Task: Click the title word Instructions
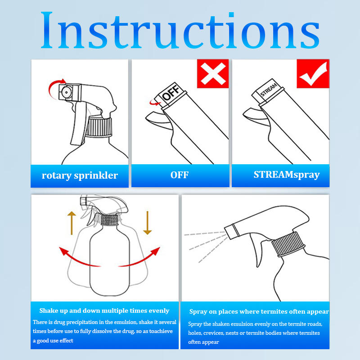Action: [x=180, y=30]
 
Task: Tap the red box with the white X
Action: [x=213, y=73]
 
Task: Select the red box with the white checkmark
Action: [x=313, y=73]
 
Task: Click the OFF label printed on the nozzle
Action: [x=171, y=92]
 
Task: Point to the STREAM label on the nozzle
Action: [x=269, y=90]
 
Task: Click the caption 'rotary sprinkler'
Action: [x=80, y=175]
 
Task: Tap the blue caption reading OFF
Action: [x=180, y=175]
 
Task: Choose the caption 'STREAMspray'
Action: [x=287, y=175]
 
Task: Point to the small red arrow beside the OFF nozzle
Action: [x=154, y=103]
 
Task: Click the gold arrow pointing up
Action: [x=72, y=223]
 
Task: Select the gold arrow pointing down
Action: [x=148, y=223]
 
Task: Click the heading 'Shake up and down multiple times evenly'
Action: [x=104, y=310]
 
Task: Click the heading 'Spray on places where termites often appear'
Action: [x=259, y=311]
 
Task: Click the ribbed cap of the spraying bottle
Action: [x=288, y=244]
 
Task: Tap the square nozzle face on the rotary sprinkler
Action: [x=67, y=92]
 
